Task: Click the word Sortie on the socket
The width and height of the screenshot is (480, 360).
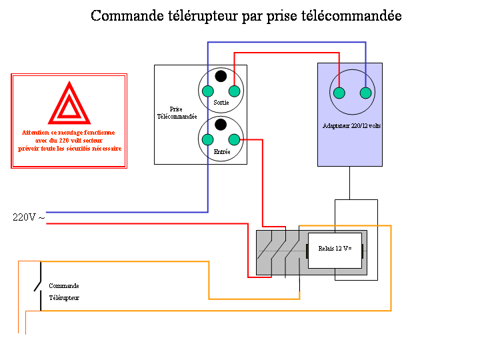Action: tap(221, 103)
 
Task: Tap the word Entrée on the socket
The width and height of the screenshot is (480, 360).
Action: tap(221, 152)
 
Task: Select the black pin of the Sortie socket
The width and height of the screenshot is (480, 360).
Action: tap(221, 76)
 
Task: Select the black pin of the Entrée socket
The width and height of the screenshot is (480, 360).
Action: tap(221, 124)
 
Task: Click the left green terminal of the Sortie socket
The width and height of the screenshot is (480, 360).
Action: tap(208, 91)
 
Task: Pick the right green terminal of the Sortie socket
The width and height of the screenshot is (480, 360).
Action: tap(234, 91)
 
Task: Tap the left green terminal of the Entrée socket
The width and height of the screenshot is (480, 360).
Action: tap(208, 139)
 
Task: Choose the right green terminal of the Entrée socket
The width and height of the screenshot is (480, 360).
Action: tap(234, 139)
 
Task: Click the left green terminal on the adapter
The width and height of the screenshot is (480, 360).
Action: tap(339, 93)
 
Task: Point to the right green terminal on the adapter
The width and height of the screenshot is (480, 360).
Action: tap(365, 93)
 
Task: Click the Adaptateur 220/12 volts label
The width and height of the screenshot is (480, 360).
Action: tap(350, 125)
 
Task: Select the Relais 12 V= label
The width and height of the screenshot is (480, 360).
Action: tap(334, 249)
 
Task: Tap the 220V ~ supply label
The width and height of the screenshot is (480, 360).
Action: tap(29, 217)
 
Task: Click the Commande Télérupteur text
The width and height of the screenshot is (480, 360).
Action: tap(64, 291)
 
